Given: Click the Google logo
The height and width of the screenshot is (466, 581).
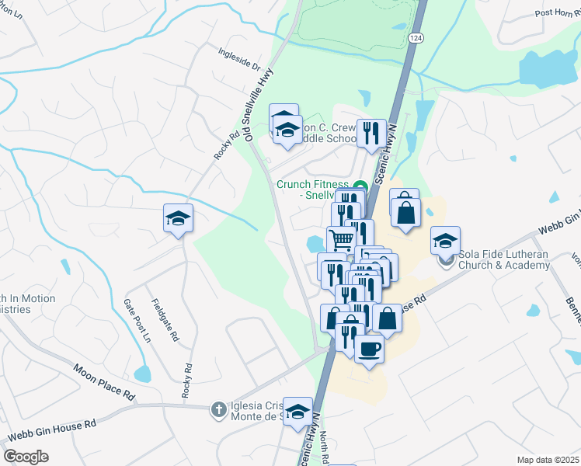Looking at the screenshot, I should click(x=26, y=457).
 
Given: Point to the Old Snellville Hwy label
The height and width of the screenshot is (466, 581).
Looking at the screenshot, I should click(x=259, y=103).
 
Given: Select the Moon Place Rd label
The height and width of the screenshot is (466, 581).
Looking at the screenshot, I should click(x=103, y=383).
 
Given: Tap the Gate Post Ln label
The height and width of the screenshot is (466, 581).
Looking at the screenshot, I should click(x=137, y=320).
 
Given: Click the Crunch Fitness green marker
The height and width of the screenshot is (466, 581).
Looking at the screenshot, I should click(x=360, y=185).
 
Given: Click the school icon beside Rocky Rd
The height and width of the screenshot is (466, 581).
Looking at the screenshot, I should click(x=178, y=218).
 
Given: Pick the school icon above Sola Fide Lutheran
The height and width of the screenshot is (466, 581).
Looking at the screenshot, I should click(x=445, y=240).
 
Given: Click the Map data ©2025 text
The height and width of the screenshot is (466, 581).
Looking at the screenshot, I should click(x=548, y=460).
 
